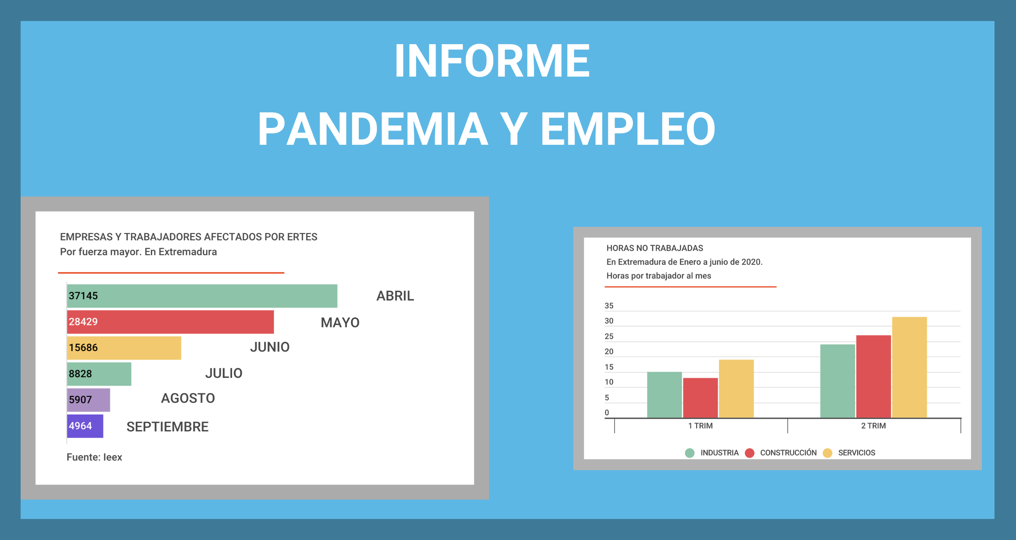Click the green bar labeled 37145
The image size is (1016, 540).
[x=202, y=296]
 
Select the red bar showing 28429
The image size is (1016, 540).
[x=170, y=322]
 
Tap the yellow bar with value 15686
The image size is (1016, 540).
[x=124, y=348]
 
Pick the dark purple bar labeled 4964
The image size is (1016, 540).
[x=85, y=426]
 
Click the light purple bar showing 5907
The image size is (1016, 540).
[x=88, y=400]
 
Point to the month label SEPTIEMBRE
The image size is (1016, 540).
[x=168, y=427]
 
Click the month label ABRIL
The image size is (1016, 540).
[x=395, y=296]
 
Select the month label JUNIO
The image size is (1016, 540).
[x=270, y=347]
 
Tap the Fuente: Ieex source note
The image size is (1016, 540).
[x=94, y=457]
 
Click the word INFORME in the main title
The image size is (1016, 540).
[x=492, y=61]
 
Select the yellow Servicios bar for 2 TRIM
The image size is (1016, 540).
[x=909, y=367]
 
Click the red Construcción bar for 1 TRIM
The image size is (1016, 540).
[x=701, y=398]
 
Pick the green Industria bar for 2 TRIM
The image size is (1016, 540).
[x=838, y=381]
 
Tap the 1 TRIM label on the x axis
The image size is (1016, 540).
[x=701, y=426]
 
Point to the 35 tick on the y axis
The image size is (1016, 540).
[x=609, y=306]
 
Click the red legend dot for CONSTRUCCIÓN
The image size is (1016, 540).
[x=750, y=453]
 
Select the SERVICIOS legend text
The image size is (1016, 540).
[x=857, y=453]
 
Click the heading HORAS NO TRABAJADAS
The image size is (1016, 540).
[x=655, y=248]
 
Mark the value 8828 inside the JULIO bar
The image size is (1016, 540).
[x=80, y=374]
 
